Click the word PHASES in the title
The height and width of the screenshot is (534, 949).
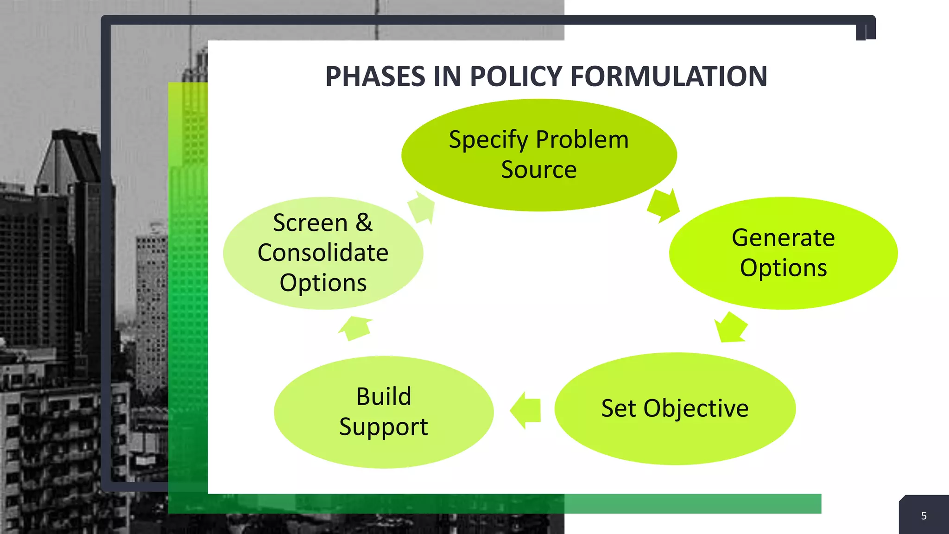pyautogui.click(x=375, y=76)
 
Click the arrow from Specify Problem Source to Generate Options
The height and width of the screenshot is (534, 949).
pyautogui.click(x=664, y=205)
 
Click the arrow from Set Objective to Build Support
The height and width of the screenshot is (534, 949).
pyautogui.click(x=526, y=410)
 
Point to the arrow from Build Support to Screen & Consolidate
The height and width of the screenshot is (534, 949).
pyautogui.click(x=355, y=328)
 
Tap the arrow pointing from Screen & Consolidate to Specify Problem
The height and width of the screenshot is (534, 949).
pyautogui.click(x=422, y=207)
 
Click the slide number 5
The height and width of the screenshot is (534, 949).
pyautogui.click(x=924, y=516)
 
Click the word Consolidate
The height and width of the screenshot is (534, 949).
pyautogui.click(x=323, y=253)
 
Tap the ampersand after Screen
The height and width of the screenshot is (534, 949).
pyautogui.click(x=364, y=222)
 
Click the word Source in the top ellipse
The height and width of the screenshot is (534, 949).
pyautogui.click(x=539, y=169)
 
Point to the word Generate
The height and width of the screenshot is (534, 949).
pyautogui.click(x=783, y=238)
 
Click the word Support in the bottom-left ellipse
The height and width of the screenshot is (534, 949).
pyautogui.click(x=384, y=426)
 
